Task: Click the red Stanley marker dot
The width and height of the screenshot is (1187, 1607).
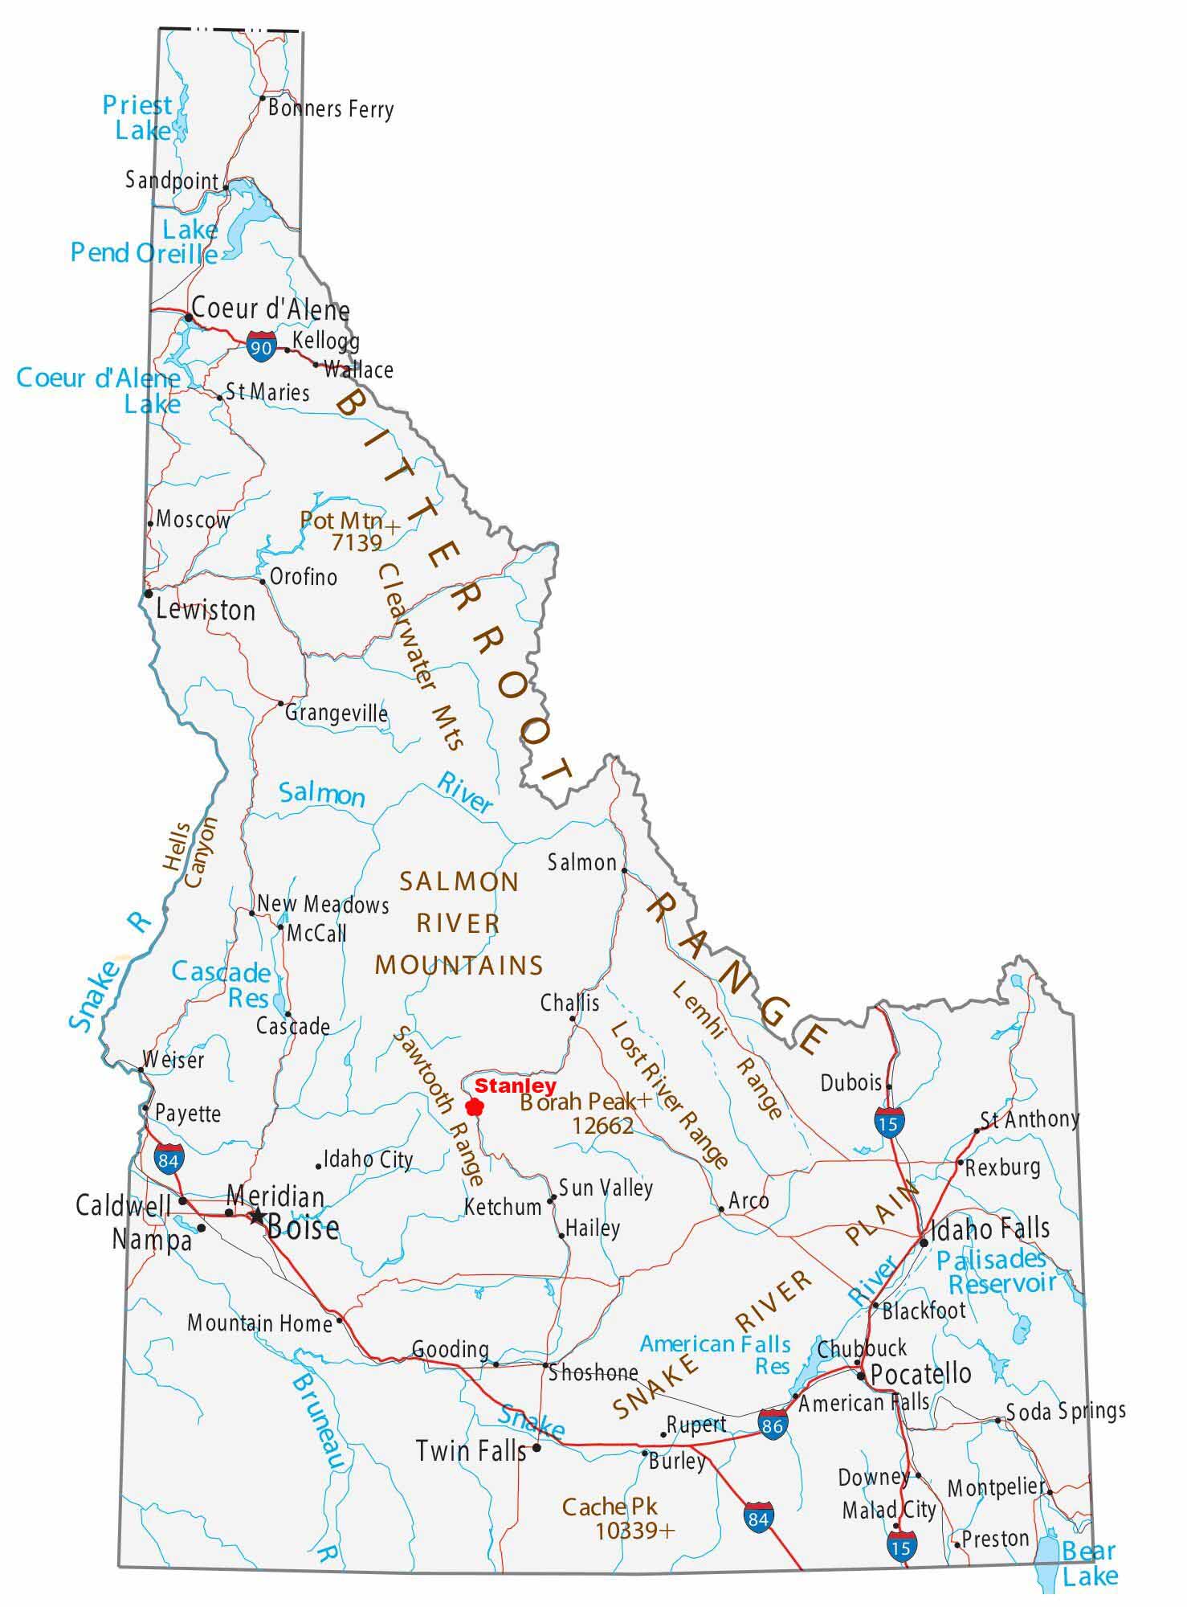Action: [x=475, y=1107]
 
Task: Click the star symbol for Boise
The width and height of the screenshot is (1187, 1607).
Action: [x=256, y=1216]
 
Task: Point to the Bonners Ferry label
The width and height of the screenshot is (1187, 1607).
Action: [x=331, y=108]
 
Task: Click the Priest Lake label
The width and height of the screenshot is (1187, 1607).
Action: [x=138, y=117]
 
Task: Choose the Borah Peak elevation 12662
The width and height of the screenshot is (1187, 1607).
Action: [x=602, y=1126]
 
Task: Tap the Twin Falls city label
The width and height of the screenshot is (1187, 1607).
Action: [x=471, y=1450]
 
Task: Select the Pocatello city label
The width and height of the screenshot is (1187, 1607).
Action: [x=920, y=1373]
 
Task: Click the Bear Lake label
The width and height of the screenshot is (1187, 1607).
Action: [x=1089, y=1563]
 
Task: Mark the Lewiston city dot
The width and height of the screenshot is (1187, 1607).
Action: [x=149, y=594]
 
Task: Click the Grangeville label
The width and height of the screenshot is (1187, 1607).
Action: [x=337, y=713]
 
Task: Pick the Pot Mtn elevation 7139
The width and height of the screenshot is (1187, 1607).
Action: [x=357, y=544]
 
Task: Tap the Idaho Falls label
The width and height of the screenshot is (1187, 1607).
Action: [x=989, y=1229]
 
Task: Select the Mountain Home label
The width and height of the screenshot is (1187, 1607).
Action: [x=259, y=1323]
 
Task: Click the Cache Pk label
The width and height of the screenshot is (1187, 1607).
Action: [x=610, y=1507]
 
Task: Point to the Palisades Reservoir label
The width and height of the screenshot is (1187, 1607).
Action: [x=996, y=1271]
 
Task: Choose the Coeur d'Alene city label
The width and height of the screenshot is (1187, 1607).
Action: [x=271, y=309]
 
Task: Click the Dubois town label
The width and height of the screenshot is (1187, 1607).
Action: [x=851, y=1082]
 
